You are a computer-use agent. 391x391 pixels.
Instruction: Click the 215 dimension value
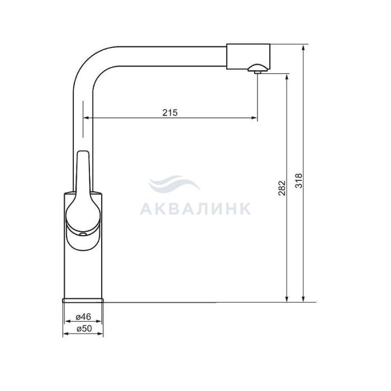tap(170, 113)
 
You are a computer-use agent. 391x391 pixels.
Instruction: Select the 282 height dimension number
tap(282, 188)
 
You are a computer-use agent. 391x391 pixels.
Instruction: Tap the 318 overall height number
tap(298, 180)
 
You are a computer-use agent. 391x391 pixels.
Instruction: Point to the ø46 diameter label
tap(84, 317)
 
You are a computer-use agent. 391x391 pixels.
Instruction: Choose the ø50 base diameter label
tap(84, 328)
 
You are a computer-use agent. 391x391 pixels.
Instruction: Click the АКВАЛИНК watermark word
tap(195, 209)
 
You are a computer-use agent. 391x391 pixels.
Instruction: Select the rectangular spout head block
tap(248, 56)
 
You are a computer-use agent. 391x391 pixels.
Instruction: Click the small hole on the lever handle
tap(83, 234)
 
